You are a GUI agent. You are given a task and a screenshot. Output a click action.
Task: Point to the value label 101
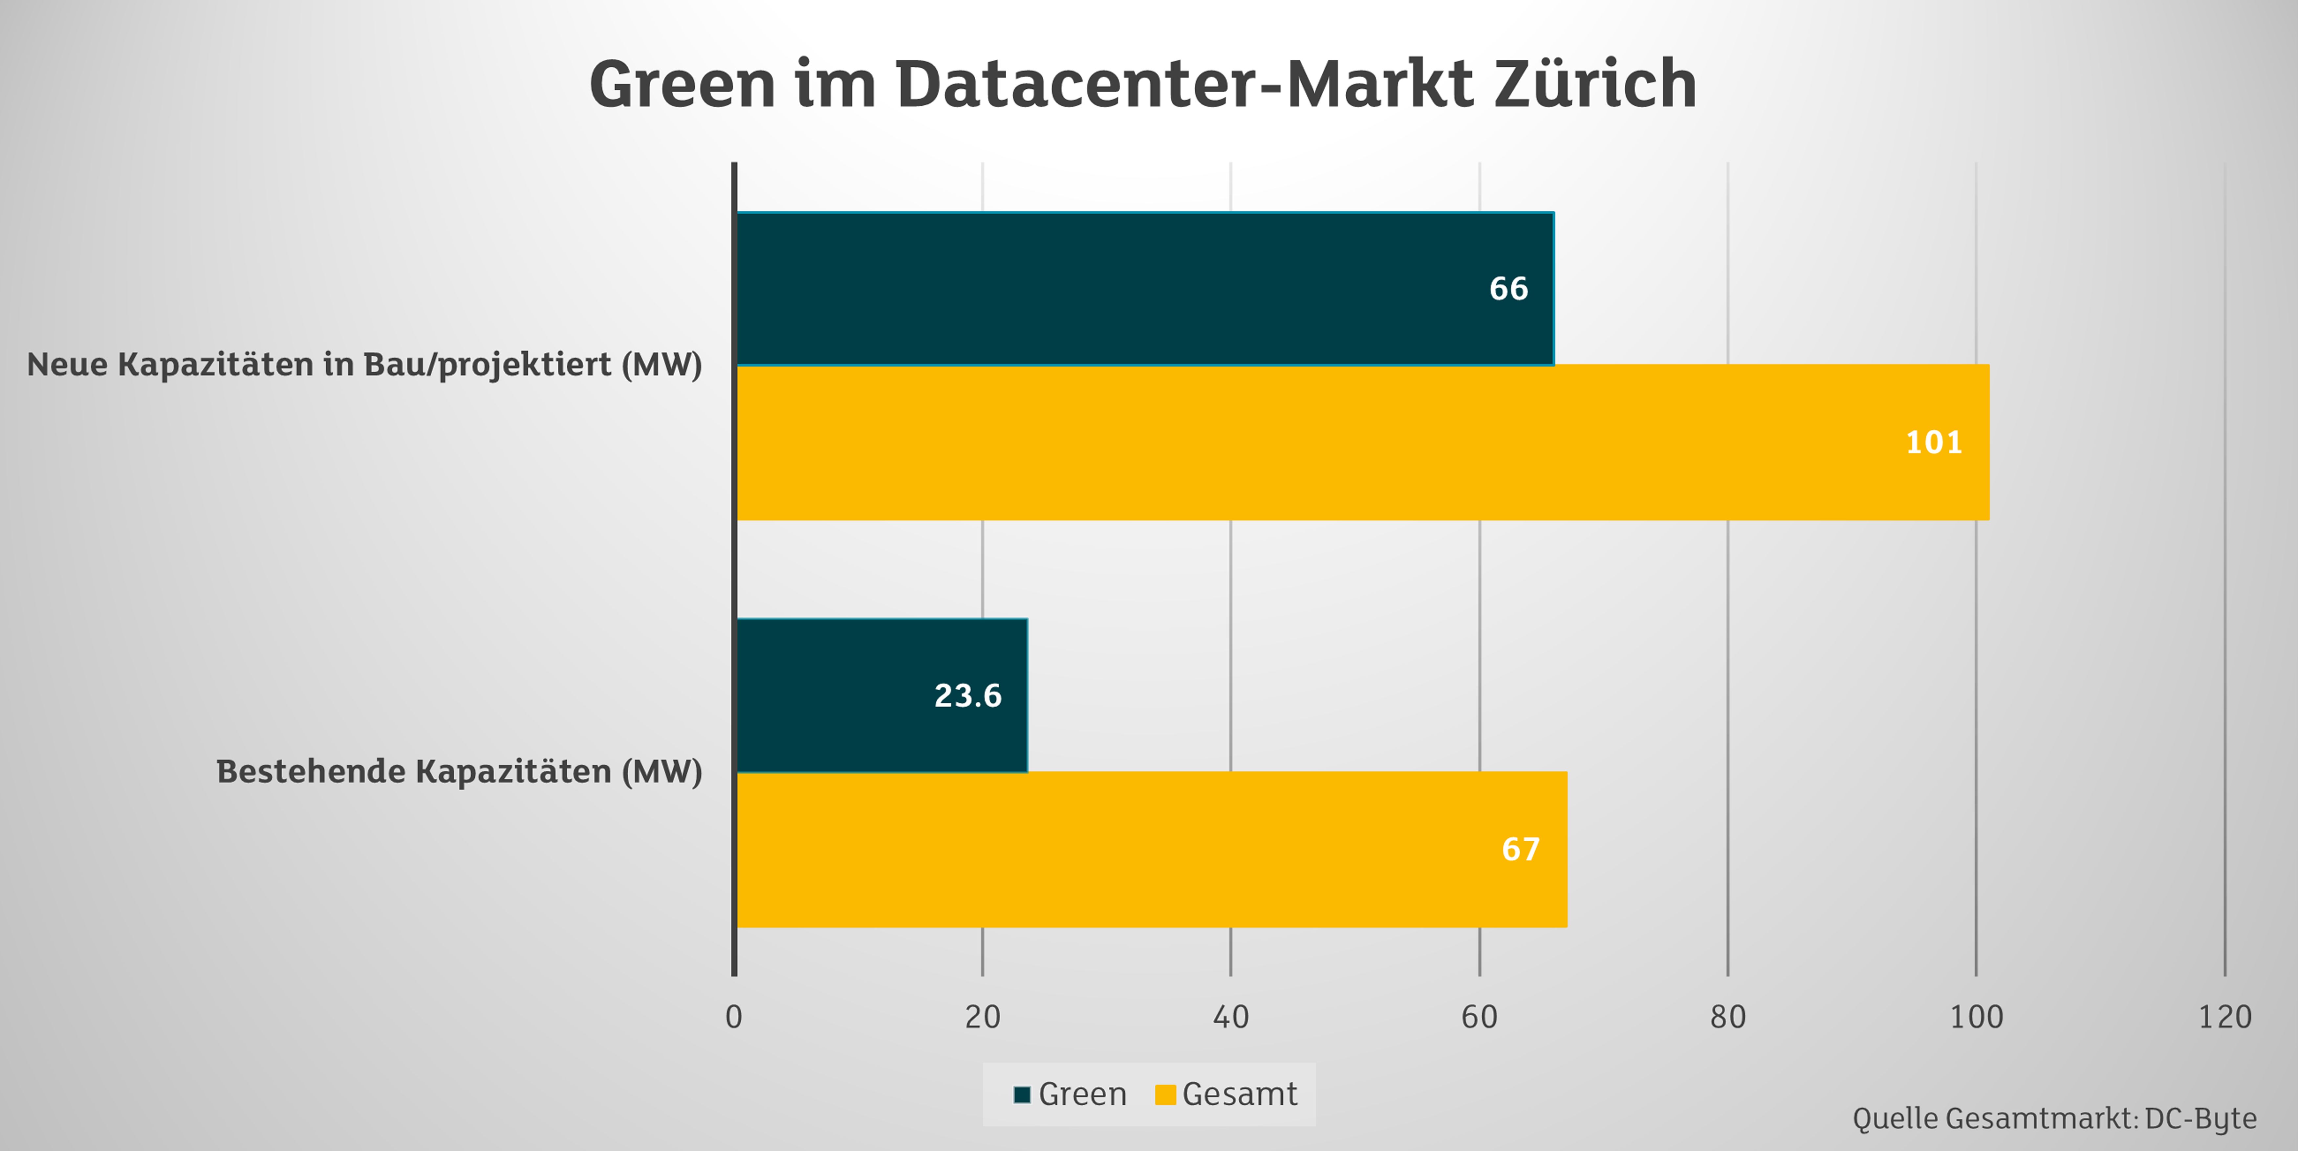(x=1933, y=443)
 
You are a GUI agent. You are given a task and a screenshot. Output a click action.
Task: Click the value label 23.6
(x=967, y=696)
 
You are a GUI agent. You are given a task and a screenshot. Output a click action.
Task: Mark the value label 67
(x=1520, y=850)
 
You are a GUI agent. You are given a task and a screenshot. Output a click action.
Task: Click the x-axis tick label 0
(x=733, y=1017)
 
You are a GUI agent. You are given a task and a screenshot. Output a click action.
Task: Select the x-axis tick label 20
(x=982, y=1017)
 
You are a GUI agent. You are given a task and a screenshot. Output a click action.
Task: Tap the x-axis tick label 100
(x=1976, y=1017)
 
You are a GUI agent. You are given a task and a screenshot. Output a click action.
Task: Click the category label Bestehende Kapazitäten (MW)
(x=459, y=771)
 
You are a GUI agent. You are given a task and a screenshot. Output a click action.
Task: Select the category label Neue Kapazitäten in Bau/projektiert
(x=364, y=364)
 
